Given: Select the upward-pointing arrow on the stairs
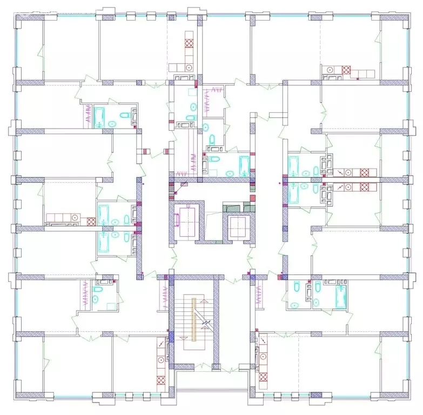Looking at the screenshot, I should [203, 300].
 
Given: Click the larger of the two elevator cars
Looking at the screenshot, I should [187, 222].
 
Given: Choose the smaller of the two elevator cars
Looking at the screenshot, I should [238, 227].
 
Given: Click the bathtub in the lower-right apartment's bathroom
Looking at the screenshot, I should [340, 296].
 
